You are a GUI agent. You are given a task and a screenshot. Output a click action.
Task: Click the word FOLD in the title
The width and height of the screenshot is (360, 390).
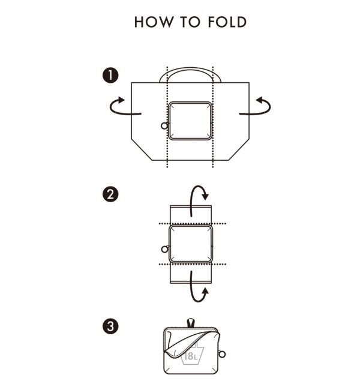[227, 22]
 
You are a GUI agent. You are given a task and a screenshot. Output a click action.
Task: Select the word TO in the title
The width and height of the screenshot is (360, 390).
[190, 22]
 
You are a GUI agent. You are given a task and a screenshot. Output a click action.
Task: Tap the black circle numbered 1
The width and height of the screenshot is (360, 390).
[110, 76]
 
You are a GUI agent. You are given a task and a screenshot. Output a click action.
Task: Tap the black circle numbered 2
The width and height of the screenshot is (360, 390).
[110, 194]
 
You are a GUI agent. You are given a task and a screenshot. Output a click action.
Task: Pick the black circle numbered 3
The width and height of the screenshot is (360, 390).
[110, 326]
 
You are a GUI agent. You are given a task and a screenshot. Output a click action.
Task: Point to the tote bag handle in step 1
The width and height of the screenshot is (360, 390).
[190, 68]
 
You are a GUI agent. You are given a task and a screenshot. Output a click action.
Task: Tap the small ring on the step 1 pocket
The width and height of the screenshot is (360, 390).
[164, 126]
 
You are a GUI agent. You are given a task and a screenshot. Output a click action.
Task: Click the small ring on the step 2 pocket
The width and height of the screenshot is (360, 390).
[164, 249]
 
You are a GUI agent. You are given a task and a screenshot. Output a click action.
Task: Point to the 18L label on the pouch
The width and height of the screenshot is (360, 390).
[191, 356]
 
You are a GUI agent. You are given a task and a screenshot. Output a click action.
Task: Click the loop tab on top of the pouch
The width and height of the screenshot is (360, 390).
[191, 323]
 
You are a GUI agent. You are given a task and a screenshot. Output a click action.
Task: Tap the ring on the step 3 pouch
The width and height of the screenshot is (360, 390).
[221, 354]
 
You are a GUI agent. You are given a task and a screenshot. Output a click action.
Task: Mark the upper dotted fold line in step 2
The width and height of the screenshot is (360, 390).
[193, 224]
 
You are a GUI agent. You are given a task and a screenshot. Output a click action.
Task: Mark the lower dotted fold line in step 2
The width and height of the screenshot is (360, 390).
[193, 264]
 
